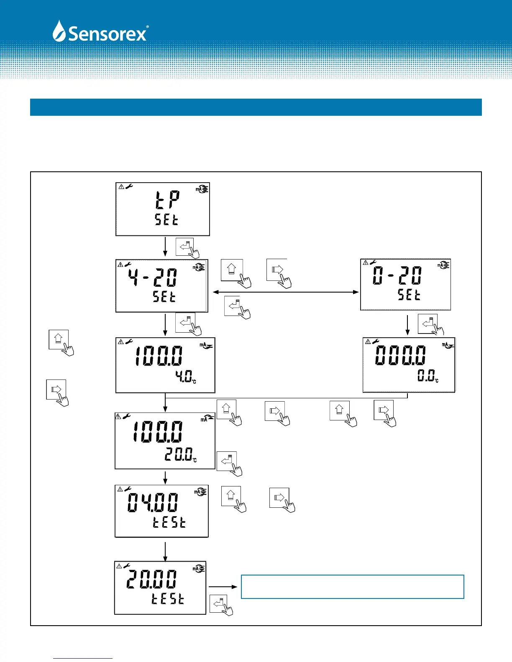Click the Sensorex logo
point(100,31)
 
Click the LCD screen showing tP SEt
point(163,209)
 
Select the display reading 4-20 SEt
point(162,286)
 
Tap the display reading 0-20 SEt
point(405,285)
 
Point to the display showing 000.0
point(409,365)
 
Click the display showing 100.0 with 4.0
point(165,365)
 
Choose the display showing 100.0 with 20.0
point(165,441)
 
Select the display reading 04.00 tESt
point(161,511)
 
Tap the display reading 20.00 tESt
point(160,588)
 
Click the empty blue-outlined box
point(353,587)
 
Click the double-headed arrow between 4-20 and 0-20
point(286,292)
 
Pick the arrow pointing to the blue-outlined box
point(223,587)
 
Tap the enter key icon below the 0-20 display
point(428,324)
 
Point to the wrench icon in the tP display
point(129,186)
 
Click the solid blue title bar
point(256,107)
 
